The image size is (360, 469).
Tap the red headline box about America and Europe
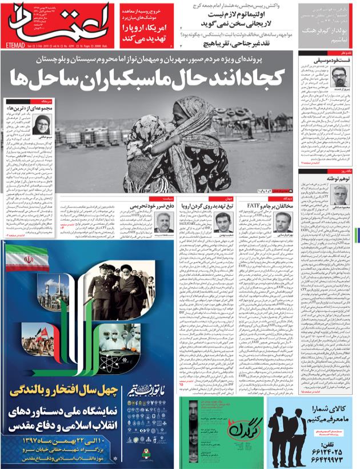click(x=150, y=33)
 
